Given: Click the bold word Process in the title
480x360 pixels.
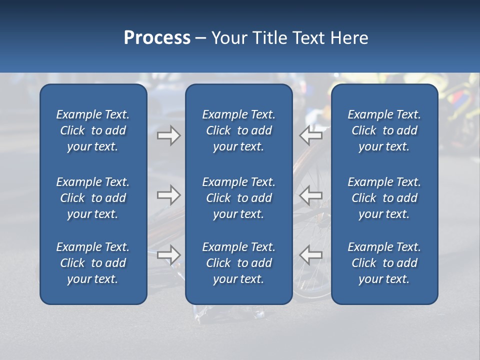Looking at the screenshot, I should click(x=157, y=38).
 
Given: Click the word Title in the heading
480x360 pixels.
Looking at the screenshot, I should click(x=270, y=38).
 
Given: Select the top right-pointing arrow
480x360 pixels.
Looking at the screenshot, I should click(x=169, y=135).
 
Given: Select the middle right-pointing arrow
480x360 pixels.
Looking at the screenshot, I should click(x=169, y=195).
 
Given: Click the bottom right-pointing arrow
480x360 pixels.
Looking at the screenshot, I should click(x=169, y=254).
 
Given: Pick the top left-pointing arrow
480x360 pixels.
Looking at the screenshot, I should click(x=311, y=135).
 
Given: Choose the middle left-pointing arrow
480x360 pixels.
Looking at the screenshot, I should click(x=311, y=195).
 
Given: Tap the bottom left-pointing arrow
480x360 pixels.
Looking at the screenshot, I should click(x=311, y=254).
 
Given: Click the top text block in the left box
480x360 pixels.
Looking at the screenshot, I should click(x=93, y=130).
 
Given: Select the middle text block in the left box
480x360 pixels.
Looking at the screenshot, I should click(x=93, y=198).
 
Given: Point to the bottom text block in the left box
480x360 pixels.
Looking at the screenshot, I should click(x=93, y=263).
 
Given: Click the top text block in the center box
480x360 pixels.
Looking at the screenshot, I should click(x=238, y=130).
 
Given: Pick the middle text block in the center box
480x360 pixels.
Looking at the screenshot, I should click(x=238, y=198).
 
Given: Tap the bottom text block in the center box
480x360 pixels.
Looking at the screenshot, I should click(x=238, y=263).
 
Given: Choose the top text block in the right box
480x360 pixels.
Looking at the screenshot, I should click(x=384, y=130).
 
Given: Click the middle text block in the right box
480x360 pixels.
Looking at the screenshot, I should click(x=384, y=198).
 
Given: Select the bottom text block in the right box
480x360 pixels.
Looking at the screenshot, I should click(x=384, y=263).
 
